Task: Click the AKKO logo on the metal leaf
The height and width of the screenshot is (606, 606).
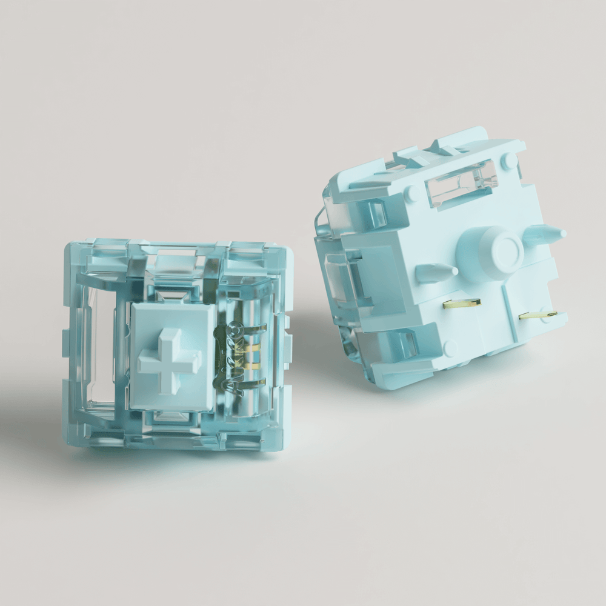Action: pyautogui.click(x=231, y=358)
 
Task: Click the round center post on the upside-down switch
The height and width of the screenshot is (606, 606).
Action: pyautogui.click(x=501, y=248)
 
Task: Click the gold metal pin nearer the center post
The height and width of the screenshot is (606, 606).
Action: pyautogui.click(x=462, y=302)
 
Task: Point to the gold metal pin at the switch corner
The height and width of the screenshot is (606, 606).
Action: pyautogui.click(x=537, y=315)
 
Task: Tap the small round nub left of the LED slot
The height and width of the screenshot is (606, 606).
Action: pyautogui.click(x=412, y=193)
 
